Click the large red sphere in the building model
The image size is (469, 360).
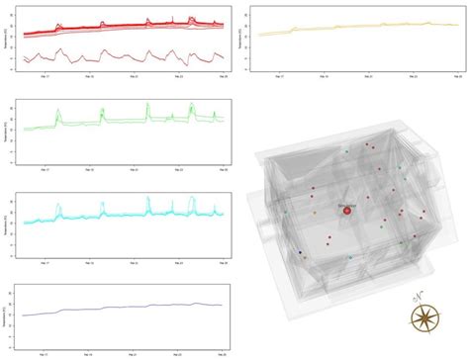click(346, 212)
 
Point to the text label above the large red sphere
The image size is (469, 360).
click(346, 204)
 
